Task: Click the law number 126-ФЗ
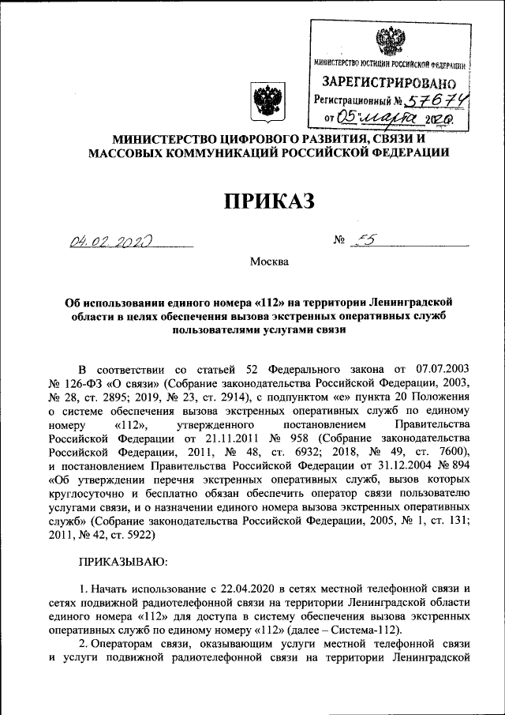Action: pyautogui.click(x=88, y=382)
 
